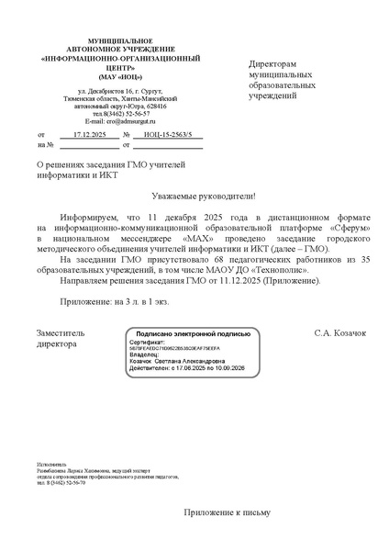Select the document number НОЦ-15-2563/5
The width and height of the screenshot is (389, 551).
tap(166, 134)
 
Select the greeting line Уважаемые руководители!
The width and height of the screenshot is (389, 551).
tap(203, 197)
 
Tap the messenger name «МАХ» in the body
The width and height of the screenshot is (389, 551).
tap(199, 238)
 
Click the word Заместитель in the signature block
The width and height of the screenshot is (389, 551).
tap(61, 332)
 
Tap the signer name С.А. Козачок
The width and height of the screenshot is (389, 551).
tap(340, 332)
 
